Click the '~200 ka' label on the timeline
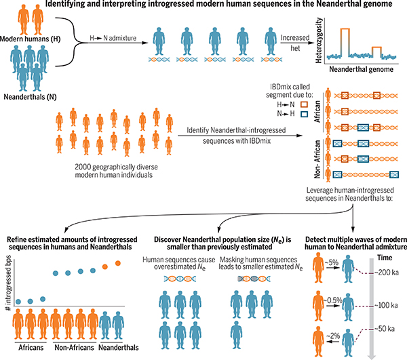pos(386,273)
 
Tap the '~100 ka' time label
pos(386,305)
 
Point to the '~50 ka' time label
pos(385,329)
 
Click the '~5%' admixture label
pos(332,262)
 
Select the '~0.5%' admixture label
pos(333,300)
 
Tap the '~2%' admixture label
pos(333,336)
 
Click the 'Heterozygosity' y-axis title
pos(319,40)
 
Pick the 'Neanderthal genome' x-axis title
pos(361,69)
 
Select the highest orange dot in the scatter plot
pos(117,263)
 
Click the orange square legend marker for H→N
pos(304,104)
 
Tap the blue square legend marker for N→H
pos(304,114)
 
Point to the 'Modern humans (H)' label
pos(30,39)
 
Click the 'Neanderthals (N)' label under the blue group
pos(30,97)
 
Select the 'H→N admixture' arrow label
pos(113,38)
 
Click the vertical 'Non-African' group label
pos(317,159)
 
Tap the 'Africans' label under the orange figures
pos(31,347)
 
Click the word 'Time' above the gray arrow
pos(385,258)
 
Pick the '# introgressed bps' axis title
pos(8,283)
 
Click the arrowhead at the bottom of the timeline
pos(372,355)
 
